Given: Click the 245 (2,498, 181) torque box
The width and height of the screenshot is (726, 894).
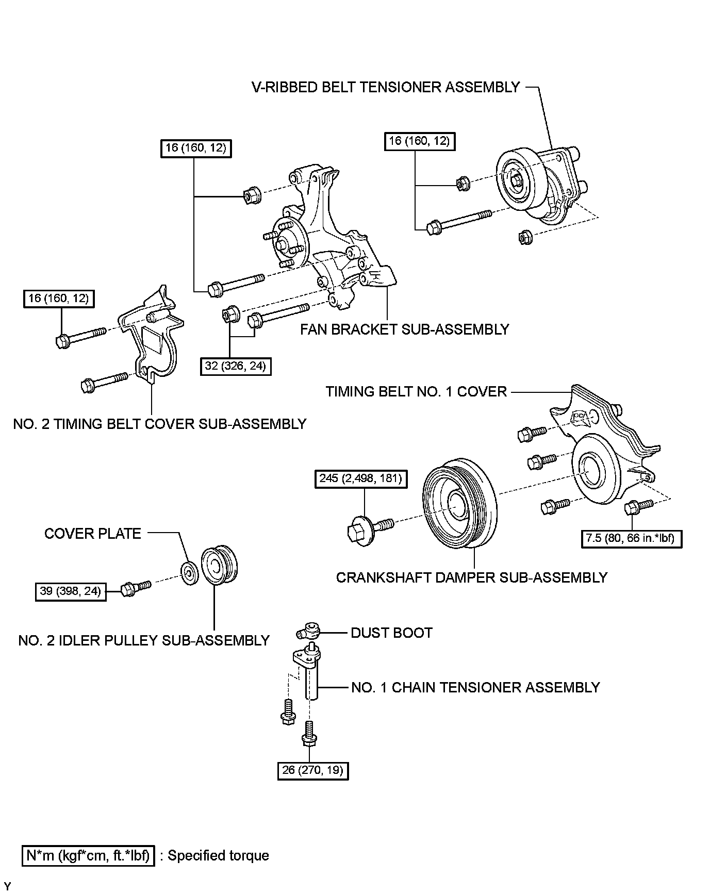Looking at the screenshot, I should pos(360,478).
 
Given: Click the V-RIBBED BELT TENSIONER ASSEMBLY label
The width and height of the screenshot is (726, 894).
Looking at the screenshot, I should pos(386,87).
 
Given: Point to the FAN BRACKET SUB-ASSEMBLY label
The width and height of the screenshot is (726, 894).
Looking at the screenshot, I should pos(405,329).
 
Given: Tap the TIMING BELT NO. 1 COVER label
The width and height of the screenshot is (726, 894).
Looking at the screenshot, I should pos(416,391).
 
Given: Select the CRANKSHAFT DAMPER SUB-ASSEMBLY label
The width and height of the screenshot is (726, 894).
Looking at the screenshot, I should pos(471,577).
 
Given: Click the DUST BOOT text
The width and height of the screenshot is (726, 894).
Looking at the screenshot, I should pos(391,633).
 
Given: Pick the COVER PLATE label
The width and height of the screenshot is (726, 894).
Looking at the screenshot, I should pos(93,533).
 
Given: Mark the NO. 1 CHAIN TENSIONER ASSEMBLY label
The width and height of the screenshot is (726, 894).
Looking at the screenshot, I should pos(475,687).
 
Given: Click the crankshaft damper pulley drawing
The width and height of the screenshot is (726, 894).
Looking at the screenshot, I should pos(459,503).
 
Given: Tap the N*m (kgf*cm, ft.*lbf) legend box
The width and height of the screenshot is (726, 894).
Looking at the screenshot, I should pos(88,855).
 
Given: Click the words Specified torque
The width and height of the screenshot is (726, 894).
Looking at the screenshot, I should pos(218,855).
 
